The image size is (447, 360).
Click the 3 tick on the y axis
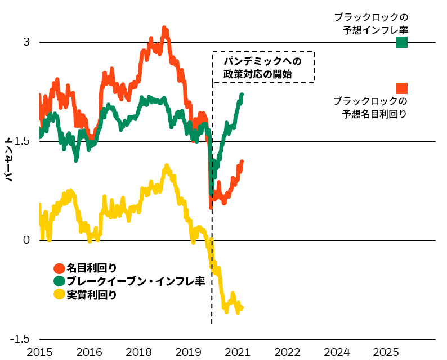click(x=26, y=42)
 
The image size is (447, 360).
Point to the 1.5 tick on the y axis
click(x=23, y=141)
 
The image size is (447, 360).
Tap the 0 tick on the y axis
click(x=26, y=240)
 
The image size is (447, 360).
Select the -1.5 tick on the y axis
click(x=21, y=339)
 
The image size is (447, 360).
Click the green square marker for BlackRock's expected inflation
click(x=402, y=42)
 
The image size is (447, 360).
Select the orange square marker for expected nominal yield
click(x=402, y=88)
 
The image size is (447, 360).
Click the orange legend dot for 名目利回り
click(x=59, y=268)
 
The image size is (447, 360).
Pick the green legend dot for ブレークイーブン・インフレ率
click(x=59, y=281)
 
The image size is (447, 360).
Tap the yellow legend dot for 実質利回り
click(x=59, y=294)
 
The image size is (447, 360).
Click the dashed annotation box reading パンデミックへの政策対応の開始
click(x=263, y=67)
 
